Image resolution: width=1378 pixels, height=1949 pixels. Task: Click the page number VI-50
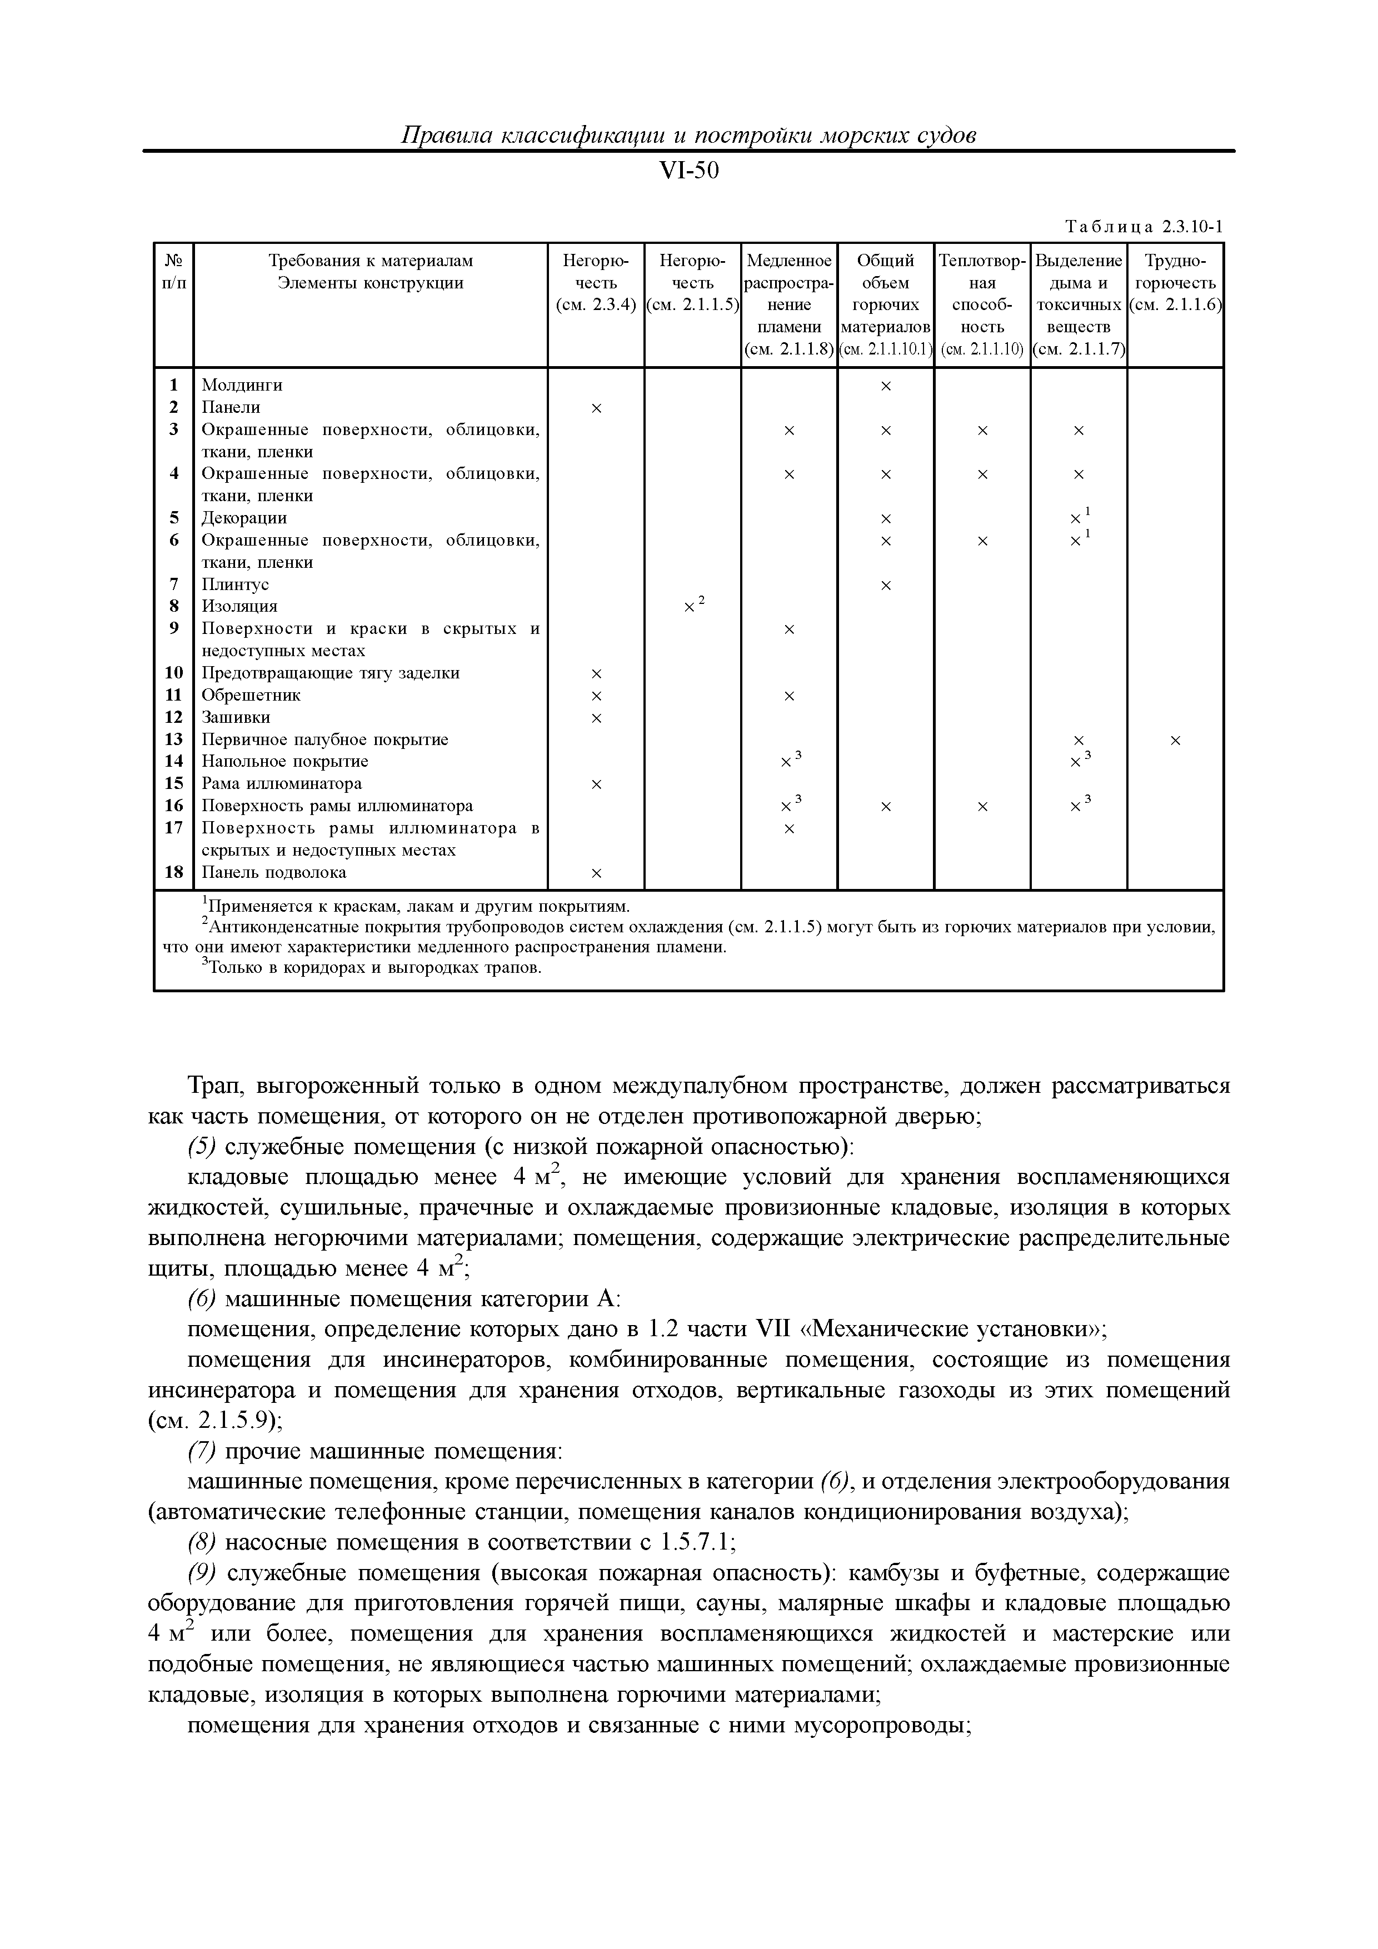click(688, 172)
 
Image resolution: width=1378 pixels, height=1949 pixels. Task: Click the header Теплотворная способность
click(982, 304)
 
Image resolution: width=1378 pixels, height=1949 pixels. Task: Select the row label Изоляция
click(239, 607)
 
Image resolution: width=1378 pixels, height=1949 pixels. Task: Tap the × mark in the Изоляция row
click(690, 608)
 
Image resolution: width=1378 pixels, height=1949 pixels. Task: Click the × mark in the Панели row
click(596, 409)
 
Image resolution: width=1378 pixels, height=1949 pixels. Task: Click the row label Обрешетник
click(251, 695)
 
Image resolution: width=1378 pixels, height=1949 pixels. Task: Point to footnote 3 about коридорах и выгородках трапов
click(372, 968)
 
